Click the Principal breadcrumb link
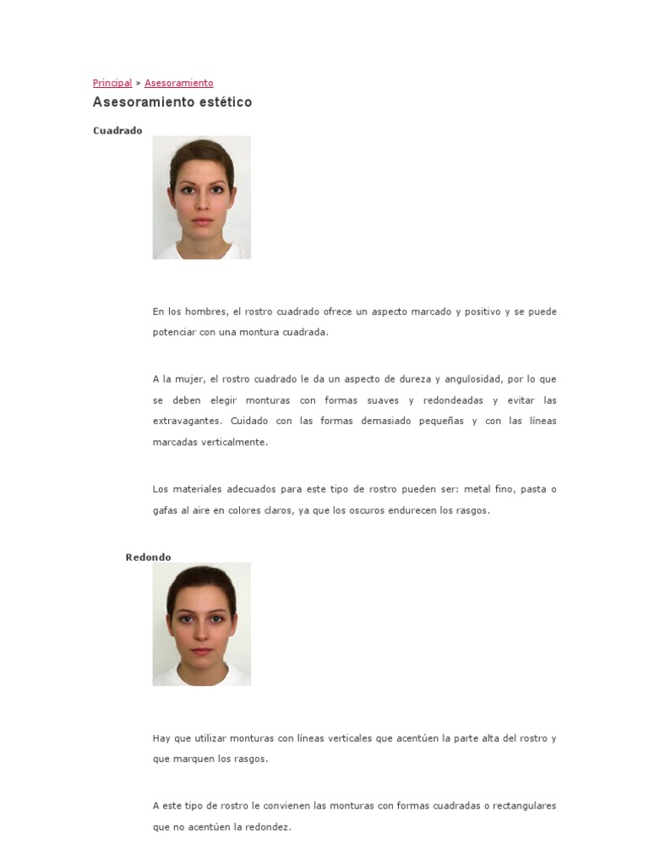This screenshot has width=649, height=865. click(x=112, y=83)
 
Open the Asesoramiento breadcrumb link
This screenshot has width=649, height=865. click(x=178, y=83)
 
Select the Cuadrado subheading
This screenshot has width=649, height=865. click(x=117, y=130)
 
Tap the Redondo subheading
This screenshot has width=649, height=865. click(x=148, y=557)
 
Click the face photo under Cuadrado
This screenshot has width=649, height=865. click(x=201, y=198)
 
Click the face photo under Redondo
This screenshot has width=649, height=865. click(x=201, y=624)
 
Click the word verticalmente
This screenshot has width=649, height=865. click(x=232, y=442)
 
